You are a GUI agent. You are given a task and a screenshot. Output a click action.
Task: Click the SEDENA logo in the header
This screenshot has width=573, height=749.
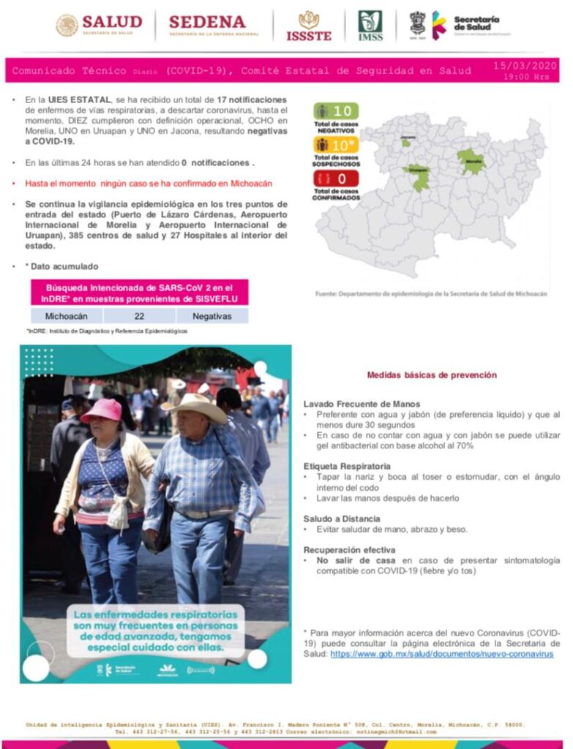[214, 25]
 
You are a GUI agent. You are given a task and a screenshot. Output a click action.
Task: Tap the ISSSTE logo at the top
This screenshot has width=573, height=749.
[309, 26]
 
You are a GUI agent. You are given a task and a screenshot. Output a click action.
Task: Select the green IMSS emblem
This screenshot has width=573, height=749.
[370, 26]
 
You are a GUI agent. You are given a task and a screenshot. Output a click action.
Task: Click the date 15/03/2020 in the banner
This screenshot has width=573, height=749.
[525, 66]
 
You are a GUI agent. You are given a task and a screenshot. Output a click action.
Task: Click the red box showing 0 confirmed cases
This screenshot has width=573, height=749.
[336, 178]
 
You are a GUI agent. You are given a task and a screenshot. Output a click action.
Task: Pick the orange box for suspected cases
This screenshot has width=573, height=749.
[336, 145]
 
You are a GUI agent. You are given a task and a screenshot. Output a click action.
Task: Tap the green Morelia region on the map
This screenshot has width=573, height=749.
[471, 161]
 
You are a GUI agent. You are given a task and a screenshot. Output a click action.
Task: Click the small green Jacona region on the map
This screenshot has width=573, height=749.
[405, 143]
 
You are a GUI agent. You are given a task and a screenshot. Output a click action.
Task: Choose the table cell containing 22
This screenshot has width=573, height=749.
[139, 316]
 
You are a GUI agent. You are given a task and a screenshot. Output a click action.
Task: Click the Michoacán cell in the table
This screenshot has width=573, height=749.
[67, 316]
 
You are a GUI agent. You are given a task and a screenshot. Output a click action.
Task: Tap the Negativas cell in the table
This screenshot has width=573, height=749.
[211, 316]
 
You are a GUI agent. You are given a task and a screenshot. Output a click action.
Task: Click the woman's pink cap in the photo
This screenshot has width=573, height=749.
[103, 410]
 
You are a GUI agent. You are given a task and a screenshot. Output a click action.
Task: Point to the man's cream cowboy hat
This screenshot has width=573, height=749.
[196, 406]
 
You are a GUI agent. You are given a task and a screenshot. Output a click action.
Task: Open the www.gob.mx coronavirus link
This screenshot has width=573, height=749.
[441, 654]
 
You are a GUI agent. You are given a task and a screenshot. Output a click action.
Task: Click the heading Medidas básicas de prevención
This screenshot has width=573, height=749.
[432, 375]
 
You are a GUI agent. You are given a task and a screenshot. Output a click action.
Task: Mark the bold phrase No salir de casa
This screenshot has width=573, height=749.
[347, 560]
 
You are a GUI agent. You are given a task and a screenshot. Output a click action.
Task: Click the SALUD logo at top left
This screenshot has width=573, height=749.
[99, 25]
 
